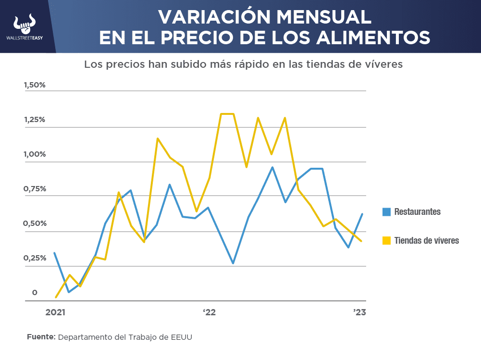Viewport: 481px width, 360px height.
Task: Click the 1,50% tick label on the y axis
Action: click(35, 85)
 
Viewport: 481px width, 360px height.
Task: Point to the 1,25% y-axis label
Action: click(35, 120)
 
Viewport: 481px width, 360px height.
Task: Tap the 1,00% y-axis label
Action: click(35, 154)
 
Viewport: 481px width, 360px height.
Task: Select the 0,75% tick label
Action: click(35, 189)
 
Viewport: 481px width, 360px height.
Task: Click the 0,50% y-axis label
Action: click(35, 223)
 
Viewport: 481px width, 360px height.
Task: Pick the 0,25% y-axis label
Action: click(35, 258)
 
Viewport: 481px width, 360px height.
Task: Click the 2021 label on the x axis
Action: click(55, 312)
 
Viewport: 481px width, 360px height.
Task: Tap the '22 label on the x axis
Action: click(209, 312)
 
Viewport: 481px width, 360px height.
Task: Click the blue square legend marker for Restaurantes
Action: click(386, 212)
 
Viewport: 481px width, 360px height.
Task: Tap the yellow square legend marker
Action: click(386, 240)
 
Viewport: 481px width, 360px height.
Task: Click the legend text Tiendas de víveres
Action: click(426, 240)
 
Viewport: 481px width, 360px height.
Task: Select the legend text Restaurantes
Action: click(417, 212)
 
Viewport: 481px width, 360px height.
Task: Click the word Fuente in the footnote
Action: click(41, 337)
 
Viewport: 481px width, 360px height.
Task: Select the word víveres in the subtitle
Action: click(382, 64)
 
